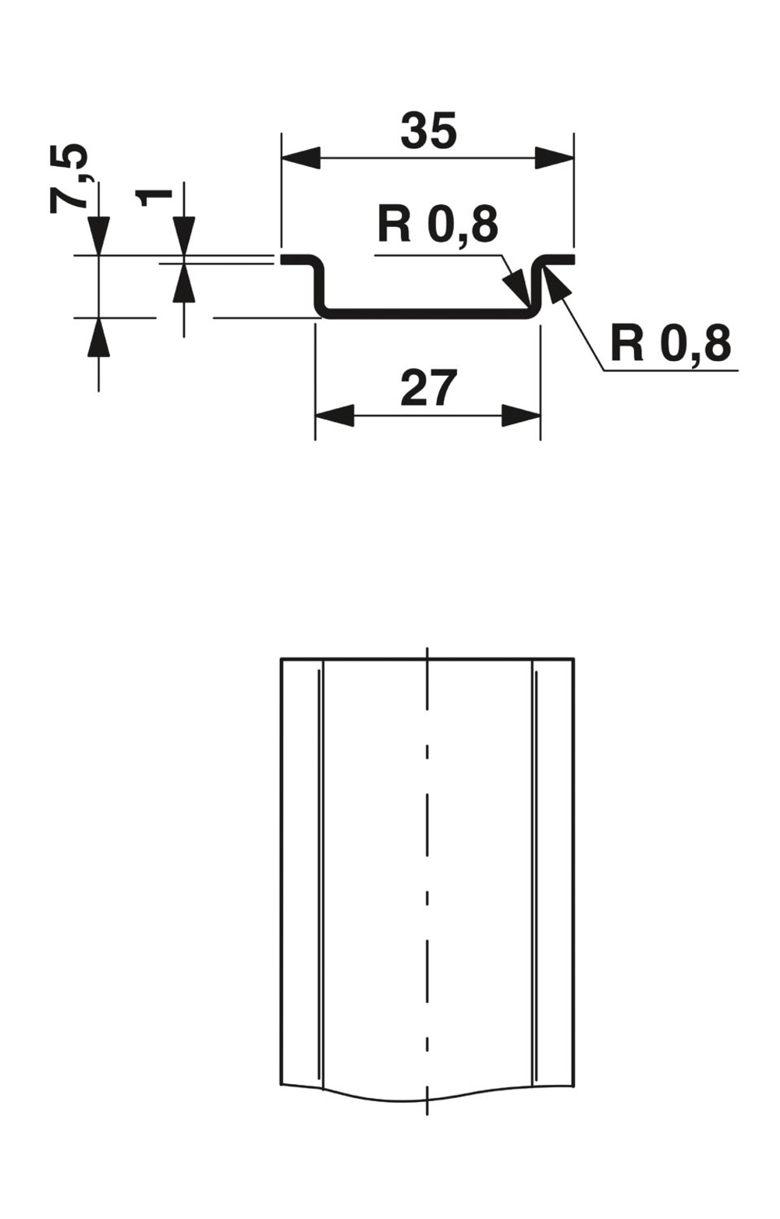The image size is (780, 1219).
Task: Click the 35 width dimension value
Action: [x=428, y=131]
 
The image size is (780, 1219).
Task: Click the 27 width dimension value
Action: [x=427, y=388]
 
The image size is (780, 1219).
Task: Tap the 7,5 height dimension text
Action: [x=69, y=179]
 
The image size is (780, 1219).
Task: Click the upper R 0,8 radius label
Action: [x=438, y=225]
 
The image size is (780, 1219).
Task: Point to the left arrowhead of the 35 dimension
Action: [x=301, y=158]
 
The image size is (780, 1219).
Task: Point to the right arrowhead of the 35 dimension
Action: [x=555, y=158]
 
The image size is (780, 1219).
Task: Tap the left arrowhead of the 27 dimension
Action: [x=335, y=415]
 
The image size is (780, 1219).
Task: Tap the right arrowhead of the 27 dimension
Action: [x=521, y=415]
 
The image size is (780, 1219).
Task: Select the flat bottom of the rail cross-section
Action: [x=427, y=314]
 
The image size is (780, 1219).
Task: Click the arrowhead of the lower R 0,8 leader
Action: [x=555, y=282]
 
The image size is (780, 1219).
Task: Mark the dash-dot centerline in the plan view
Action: [x=427, y=858]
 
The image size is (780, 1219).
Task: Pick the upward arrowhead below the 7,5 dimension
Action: [x=98, y=337]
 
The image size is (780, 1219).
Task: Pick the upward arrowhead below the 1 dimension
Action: [x=184, y=282]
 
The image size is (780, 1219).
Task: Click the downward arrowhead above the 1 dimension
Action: [x=184, y=236]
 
